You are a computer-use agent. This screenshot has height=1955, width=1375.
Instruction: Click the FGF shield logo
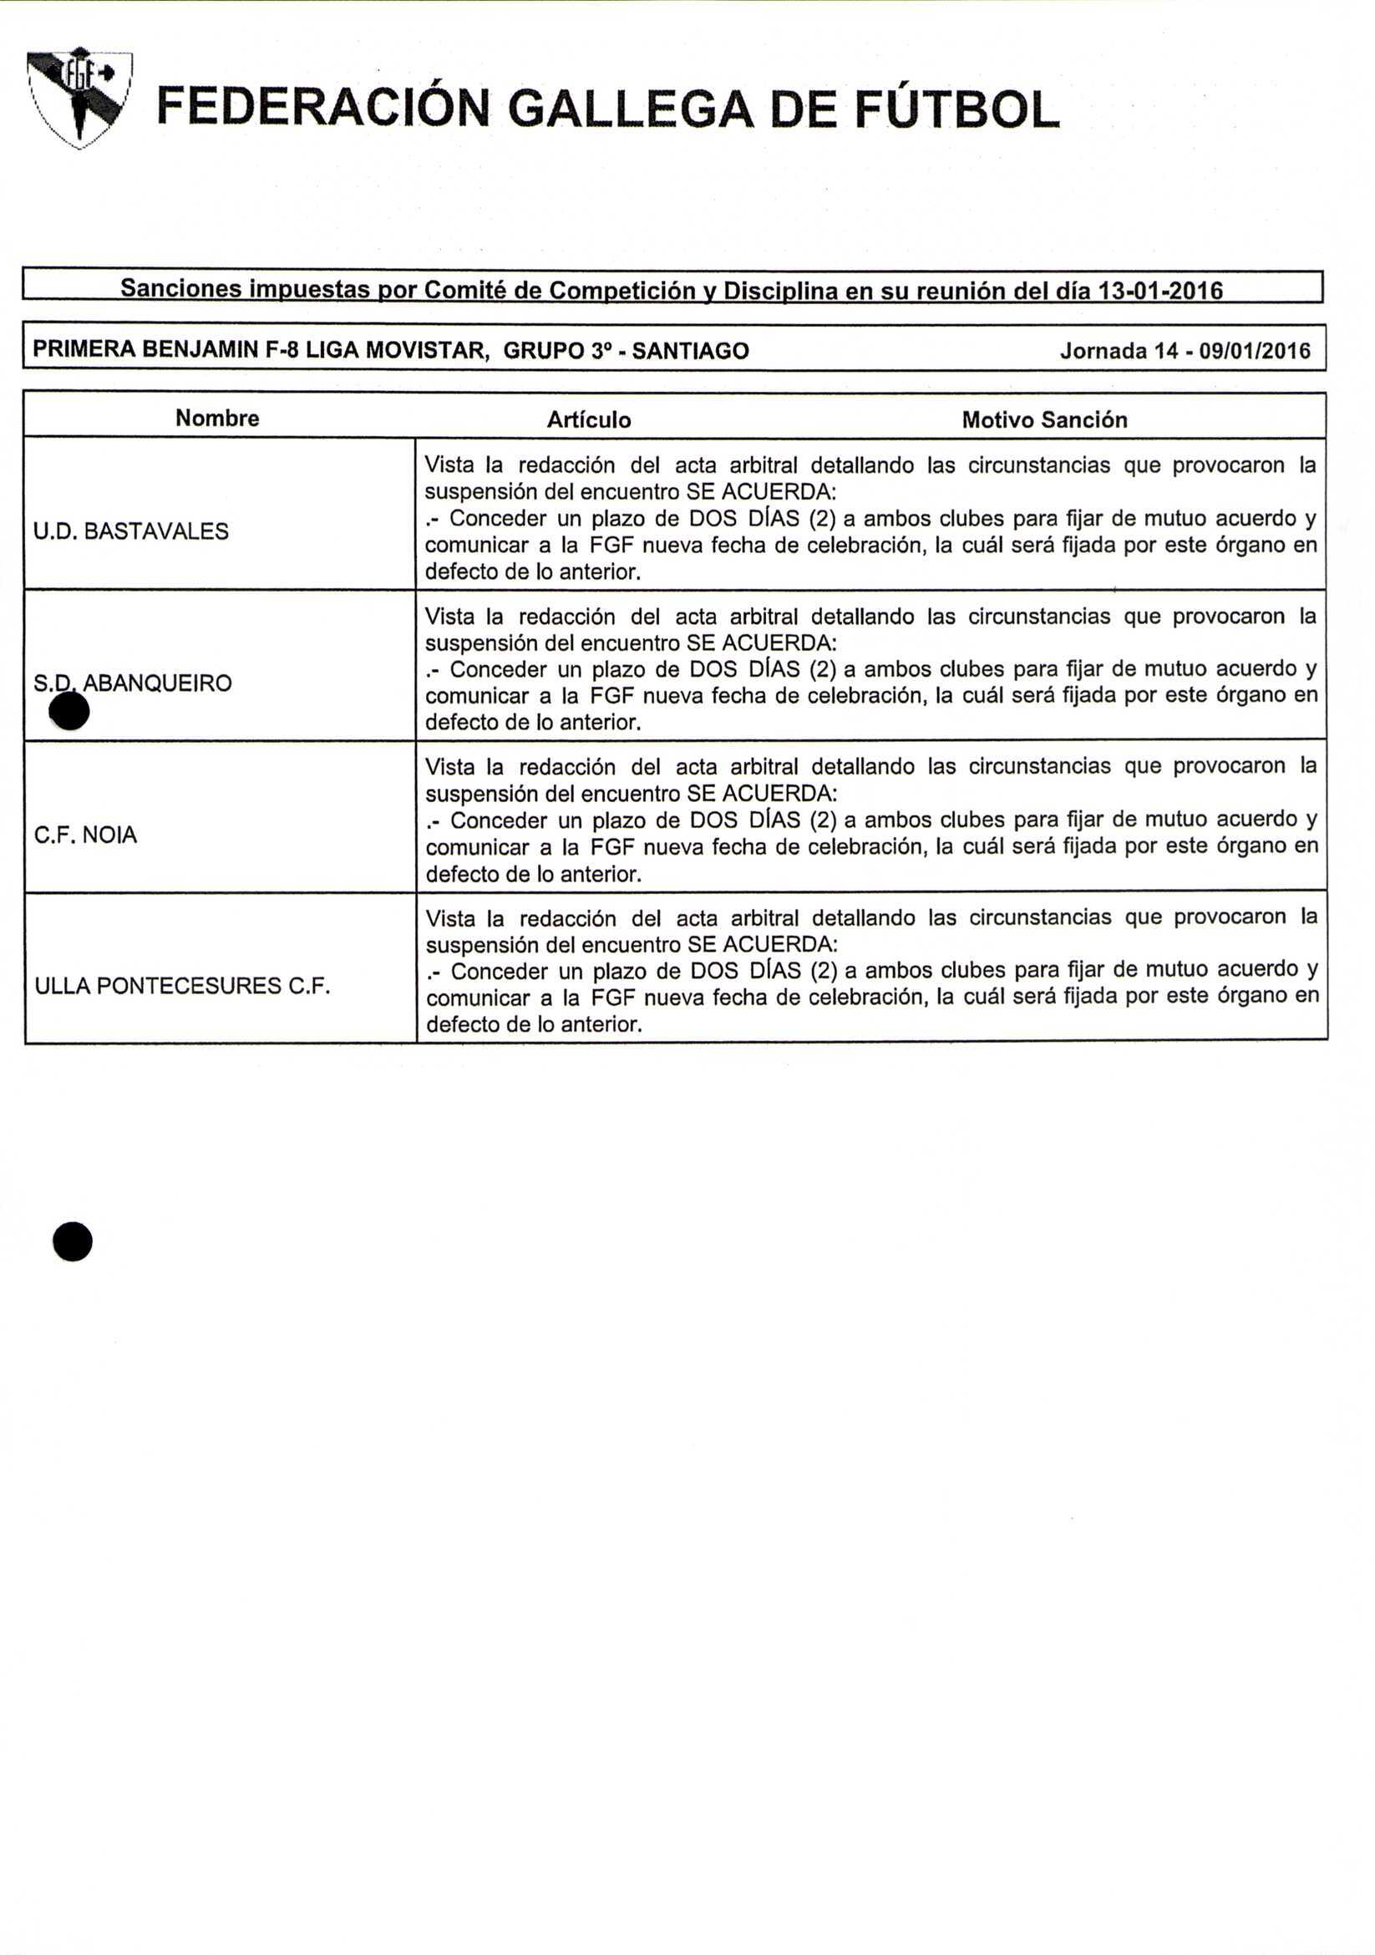click(79, 98)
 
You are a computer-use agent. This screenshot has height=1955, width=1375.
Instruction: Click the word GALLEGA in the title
click(631, 109)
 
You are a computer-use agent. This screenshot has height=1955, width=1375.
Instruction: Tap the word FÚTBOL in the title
click(957, 109)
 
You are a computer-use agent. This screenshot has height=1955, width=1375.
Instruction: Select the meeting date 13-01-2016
click(1160, 291)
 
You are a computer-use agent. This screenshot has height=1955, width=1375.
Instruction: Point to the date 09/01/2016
click(1254, 351)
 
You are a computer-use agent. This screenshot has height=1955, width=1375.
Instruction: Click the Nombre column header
click(217, 418)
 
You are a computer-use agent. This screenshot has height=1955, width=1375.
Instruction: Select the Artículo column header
click(588, 419)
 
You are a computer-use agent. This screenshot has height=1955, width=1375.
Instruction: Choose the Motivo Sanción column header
click(1044, 419)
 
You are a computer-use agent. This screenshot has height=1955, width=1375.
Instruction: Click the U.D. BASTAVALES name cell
click(131, 531)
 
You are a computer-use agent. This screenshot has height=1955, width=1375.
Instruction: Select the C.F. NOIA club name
click(85, 835)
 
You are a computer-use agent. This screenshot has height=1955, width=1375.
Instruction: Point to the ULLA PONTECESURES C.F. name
click(182, 986)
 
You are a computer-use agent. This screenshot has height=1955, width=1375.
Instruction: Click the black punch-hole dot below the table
click(73, 1242)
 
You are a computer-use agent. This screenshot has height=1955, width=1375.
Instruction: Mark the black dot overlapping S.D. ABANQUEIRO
click(70, 711)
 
